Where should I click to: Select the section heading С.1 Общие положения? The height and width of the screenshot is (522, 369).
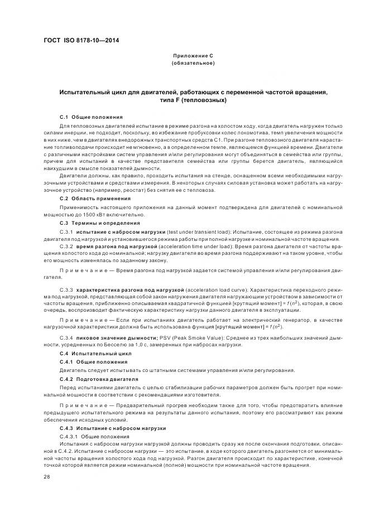pyautogui.click(x=90, y=117)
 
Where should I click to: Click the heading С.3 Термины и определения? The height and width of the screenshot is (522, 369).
pyautogui.click(x=100, y=223)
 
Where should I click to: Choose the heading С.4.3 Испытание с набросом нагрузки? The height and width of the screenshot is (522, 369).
pyautogui.click(x=113, y=428)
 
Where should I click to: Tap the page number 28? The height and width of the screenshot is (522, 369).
pyautogui.click(x=47, y=477)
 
